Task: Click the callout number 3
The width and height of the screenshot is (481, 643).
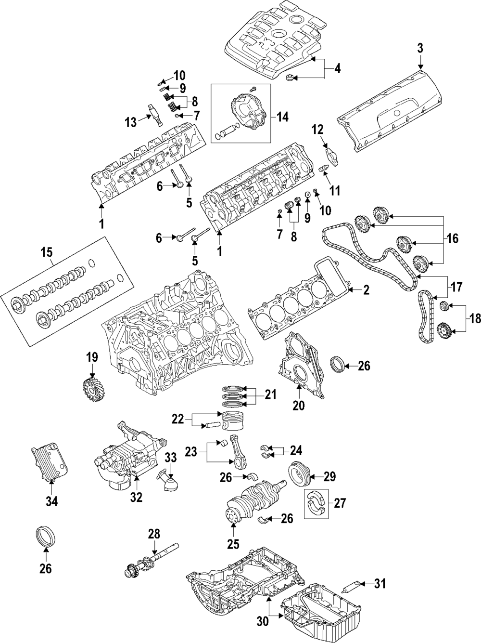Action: (x=420, y=48)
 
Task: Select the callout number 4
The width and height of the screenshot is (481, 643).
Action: (x=337, y=69)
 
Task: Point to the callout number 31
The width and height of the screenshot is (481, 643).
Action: (x=380, y=584)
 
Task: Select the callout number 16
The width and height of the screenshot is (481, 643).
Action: (x=452, y=238)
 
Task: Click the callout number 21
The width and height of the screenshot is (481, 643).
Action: (x=270, y=395)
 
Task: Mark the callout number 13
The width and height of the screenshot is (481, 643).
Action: (x=131, y=122)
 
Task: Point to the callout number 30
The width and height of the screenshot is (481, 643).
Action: (x=262, y=622)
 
